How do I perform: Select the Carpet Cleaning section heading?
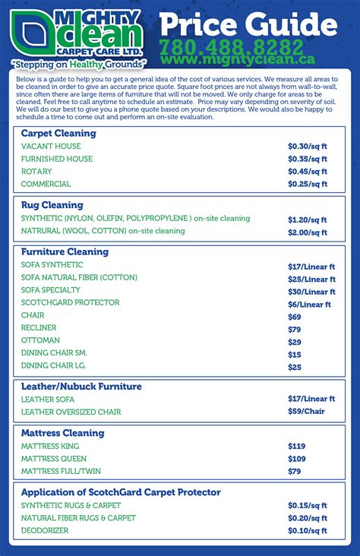pos(58,133)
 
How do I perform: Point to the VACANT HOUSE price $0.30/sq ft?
pos(307,146)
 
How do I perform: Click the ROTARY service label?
pos(36,172)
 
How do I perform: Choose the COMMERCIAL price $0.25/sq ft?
pos(307,184)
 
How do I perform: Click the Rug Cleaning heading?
pos(52,204)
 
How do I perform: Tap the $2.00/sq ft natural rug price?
pos(307,232)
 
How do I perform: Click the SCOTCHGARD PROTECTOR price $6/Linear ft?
pos(309,304)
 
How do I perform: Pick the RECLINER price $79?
pos(295,329)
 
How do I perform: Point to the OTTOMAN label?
pos(40,340)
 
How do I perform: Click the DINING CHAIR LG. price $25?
pos(295,367)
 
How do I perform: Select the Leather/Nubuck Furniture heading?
pos(81,387)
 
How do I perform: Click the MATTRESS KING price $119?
pos(296,446)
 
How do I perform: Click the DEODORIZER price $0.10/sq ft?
pos(307,530)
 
